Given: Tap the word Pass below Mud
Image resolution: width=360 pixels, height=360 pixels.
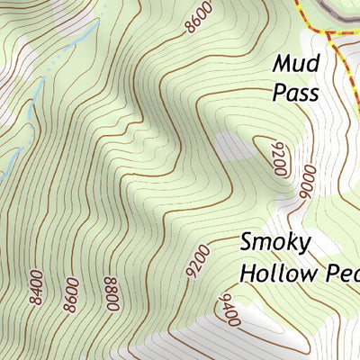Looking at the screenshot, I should pos(296,92).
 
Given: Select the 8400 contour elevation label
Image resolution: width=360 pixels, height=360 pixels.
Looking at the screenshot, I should pos(37,287).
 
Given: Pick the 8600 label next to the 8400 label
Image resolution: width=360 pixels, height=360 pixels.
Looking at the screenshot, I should pos(70,294).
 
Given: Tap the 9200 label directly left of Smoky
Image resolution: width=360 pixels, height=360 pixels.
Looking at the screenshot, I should pos(196,261).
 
